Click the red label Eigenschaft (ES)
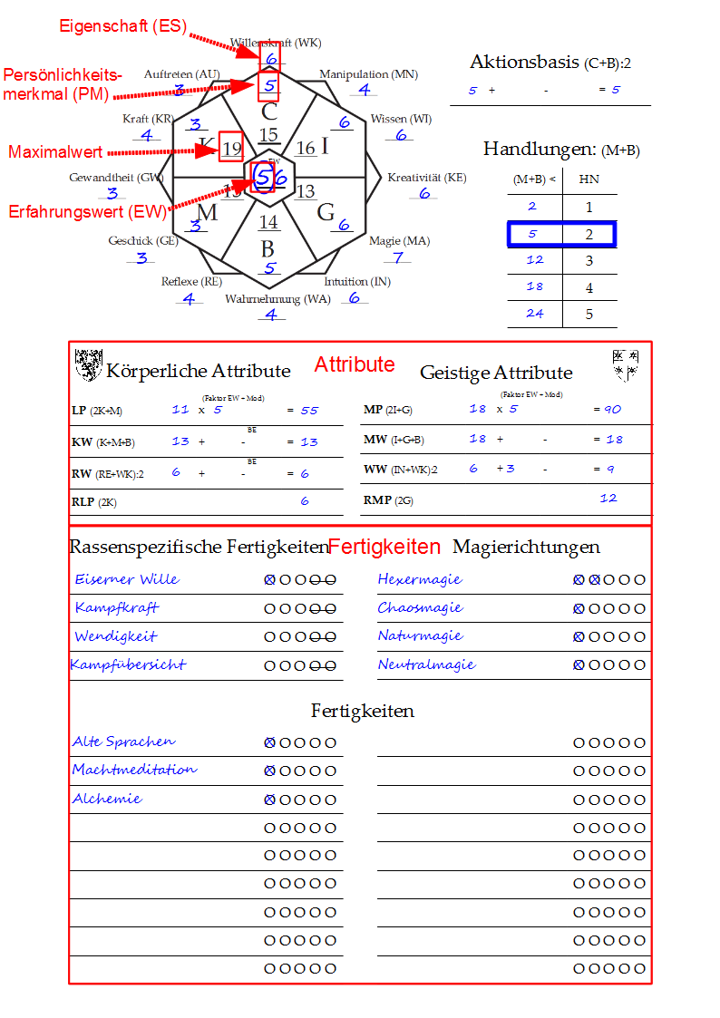pyautogui.click(x=123, y=26)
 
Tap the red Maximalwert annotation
pyautogui.click(x=55, y=152)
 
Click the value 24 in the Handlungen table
pyautogui.click(x=534, y=313)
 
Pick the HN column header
pyautogui.click(x=589, y=179)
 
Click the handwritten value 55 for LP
pyautogui.click(x=309, y=411)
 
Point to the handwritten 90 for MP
pyautogui.click(x=612, y=410)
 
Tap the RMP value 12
pyautogui.click(x=608, y=498)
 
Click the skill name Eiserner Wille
pyautogui.click(x=127, y=579)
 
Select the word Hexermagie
pyautogui.click(x=420, y=579)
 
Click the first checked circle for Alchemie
pyautogui.click(x=269, y=800)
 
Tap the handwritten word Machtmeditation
pyautogui.click(x=134, y=770)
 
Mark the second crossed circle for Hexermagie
pyautogui.click(x=595, y=580)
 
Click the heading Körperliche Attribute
pyautogui.click(x=199, y=371)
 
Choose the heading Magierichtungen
pyautogui.click(x=526, y=547)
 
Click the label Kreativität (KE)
pyautogui.click(x=427, y=178)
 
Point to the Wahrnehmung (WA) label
pyautogui.click(x=277, y=298)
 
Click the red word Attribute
pyautogui.click(x=355, y=364)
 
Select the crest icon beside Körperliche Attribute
pyautogui.click(x=88, y=364)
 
